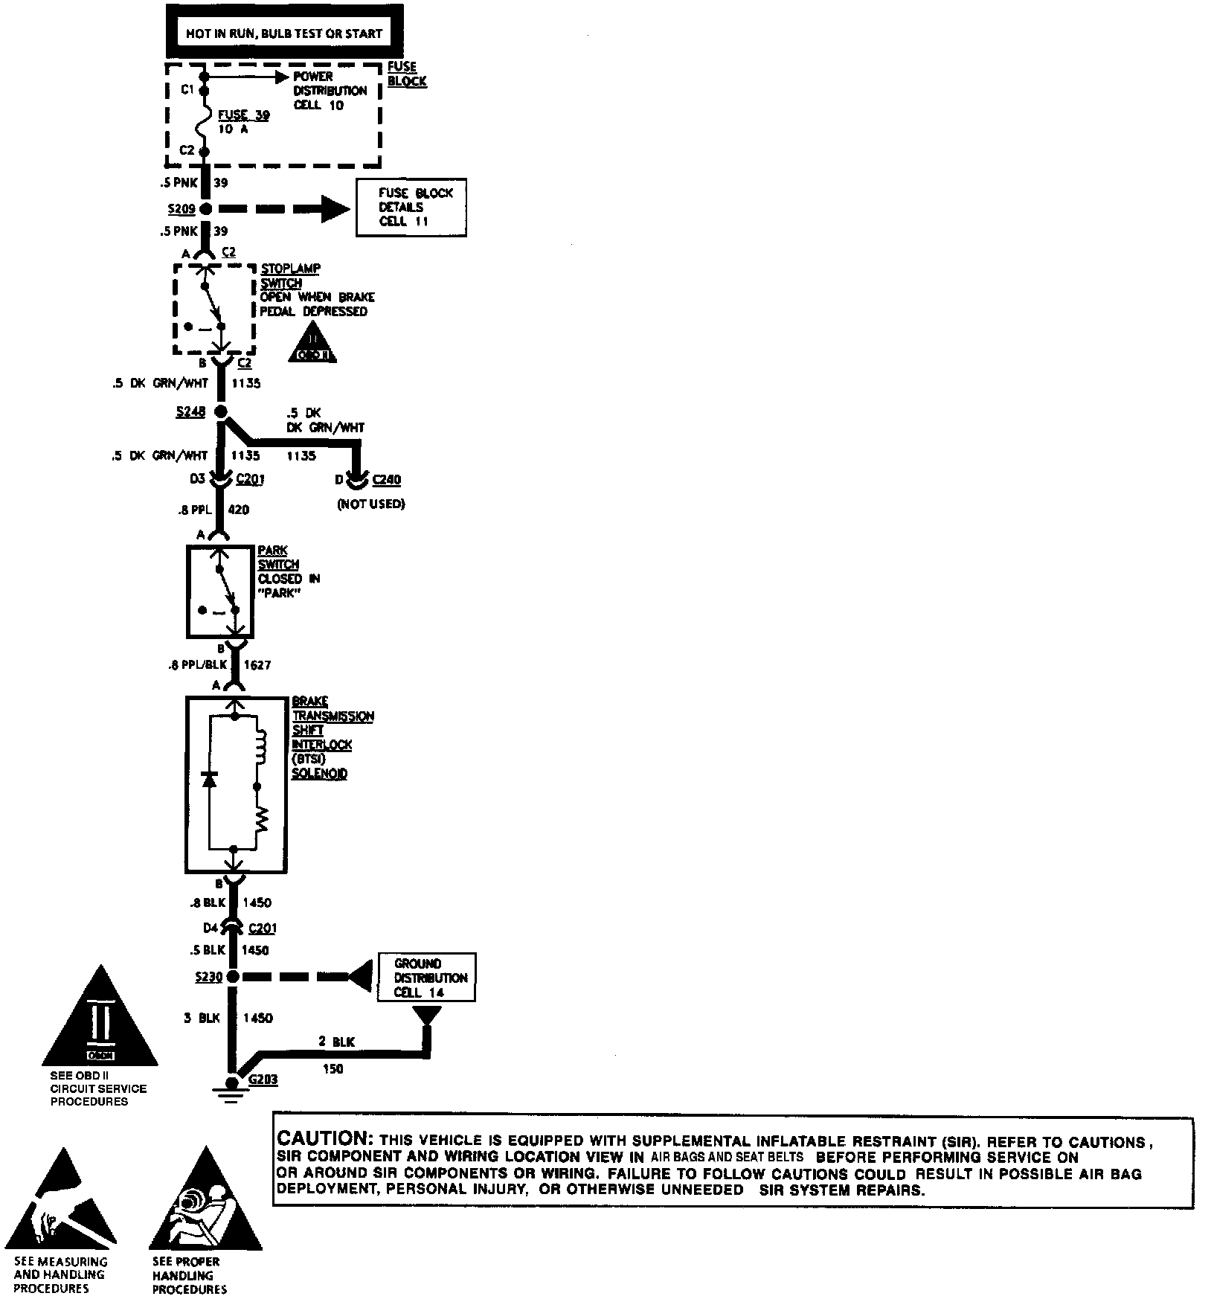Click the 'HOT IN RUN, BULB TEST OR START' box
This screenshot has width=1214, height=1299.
[x=284, y=33]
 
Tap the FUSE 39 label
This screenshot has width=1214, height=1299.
[x=243, y=116]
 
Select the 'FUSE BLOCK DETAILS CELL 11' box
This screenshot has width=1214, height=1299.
[x=411, y=208]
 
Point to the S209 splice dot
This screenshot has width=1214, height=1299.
[x=205, y=209]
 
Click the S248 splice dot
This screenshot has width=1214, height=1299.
[x=220, y=411]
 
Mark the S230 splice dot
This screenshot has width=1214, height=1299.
[x=233, y=977]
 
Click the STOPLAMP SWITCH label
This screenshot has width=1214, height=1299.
[x=281, y=275]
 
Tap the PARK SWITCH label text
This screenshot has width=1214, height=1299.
[x=273, y=557]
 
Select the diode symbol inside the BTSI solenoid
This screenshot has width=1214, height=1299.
[x=210, y=780]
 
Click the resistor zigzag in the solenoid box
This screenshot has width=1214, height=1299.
[x=261, y=821]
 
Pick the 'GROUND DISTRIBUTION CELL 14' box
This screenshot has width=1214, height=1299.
[x=426, y=978]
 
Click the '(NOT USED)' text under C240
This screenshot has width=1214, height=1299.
[x=370, y=504]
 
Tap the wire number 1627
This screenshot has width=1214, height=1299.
[x=257, y=665]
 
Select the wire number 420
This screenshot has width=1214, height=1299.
[x=239, y=510]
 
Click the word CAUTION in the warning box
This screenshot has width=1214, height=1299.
[x=323, y=1139]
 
